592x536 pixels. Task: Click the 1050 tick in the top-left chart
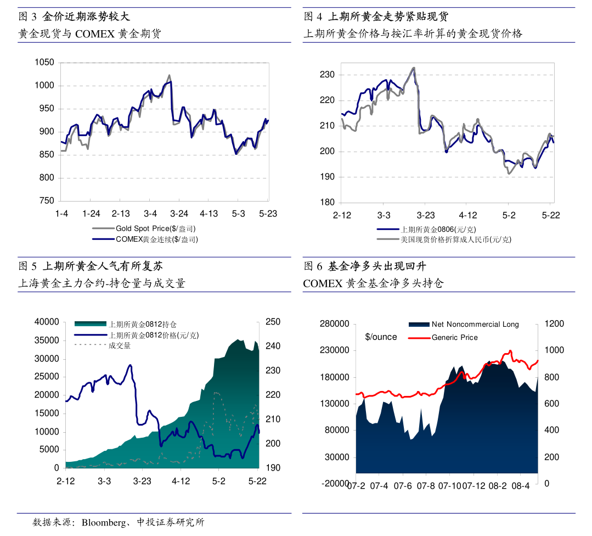tap(44, 63)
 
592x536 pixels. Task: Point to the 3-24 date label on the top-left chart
tap(179, 214)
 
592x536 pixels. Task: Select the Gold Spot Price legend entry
tap(155, 228)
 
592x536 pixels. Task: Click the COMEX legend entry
tap(156, 239)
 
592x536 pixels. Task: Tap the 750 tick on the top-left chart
tap(46, 201)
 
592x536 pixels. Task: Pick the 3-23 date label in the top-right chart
tap(425, 215)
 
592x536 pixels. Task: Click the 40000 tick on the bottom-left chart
tap(47, 322)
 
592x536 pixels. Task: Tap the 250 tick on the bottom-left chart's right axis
tap(273, 322)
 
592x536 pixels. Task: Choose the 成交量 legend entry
tap(120, 345)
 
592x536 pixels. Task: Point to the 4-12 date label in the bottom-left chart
tap(181, 481)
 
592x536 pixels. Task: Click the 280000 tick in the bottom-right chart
tap(335, 324)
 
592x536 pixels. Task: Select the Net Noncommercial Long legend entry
tap(475, 325)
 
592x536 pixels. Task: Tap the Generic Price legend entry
tap(454, 337)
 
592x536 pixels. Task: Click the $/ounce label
tap(381, 337)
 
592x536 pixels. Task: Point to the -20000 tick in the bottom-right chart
tap(335, 483)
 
